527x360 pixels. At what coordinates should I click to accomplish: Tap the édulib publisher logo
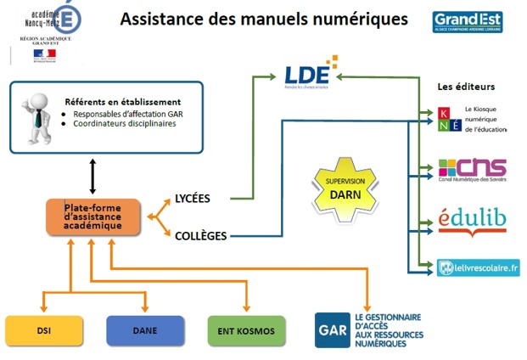[x=472, y=220]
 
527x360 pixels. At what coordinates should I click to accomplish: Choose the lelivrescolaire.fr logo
[x=478, y=268]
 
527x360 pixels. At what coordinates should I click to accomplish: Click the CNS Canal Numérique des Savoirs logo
[x=472, y=170]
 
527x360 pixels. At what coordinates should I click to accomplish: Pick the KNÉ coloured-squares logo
[x=450, y=118]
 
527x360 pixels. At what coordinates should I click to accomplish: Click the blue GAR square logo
[x=331, y=329]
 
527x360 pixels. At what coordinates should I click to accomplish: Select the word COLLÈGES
[x=199, y=235]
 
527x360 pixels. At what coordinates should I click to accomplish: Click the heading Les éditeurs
[x=466, y=87]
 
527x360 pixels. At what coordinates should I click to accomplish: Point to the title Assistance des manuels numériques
[x=264, y=18]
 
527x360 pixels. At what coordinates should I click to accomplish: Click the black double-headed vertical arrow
[x=91, y=176]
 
